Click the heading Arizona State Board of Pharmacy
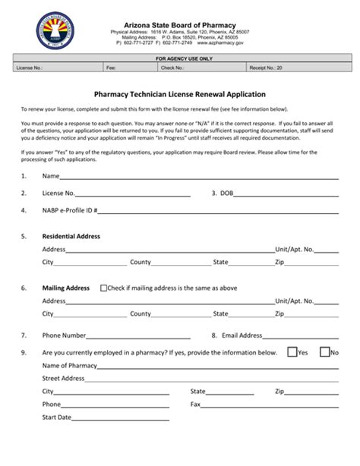(179, 24)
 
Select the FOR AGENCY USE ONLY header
(179, 58)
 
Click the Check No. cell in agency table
(202, 68)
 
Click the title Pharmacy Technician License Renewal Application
(179, 95)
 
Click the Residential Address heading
(71, 236)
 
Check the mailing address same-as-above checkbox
(105, 288)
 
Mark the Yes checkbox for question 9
(292, 352)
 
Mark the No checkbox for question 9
(324, 352)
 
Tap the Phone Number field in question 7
(134, 335)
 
